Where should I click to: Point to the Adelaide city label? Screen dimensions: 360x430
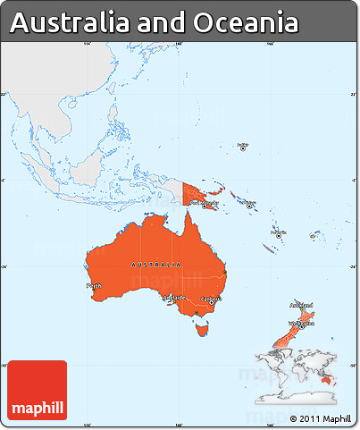(x=172, y=296)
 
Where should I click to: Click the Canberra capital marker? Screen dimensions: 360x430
(x=212, y=303)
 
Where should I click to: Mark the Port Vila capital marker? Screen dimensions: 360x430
(x=276, y=232)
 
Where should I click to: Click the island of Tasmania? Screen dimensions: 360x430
(x=203, y=332)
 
